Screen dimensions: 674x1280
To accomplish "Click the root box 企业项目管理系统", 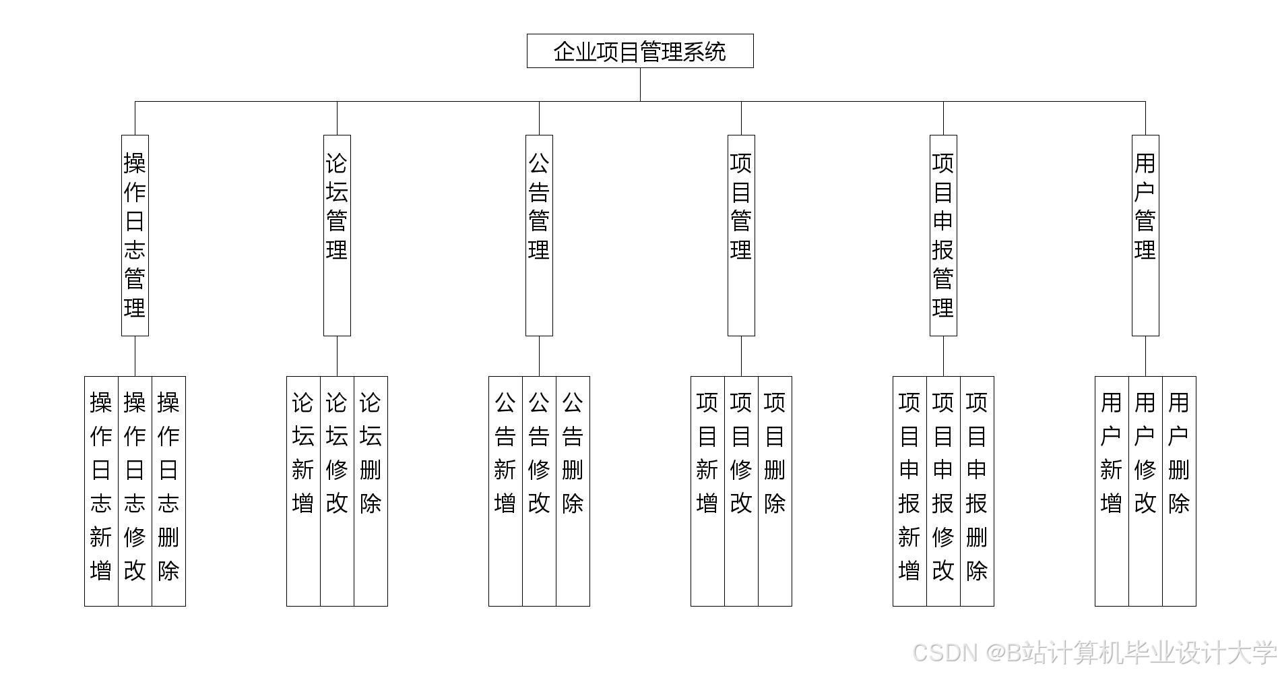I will point(640,51).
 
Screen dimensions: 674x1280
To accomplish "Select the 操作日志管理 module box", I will point(135,235).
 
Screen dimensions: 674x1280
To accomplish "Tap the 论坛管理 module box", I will point(337,235).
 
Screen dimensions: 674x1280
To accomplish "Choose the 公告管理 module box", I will point(539,235).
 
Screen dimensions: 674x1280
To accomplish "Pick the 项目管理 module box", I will point(741,235).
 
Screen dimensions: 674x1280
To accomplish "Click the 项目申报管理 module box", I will point(943,235).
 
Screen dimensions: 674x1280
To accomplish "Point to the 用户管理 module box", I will point(1145,235).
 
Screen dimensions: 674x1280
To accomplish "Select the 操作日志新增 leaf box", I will point(101,491).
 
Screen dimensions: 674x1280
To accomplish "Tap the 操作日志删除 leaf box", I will point(168,491).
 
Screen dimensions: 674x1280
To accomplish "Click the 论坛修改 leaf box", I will point(337,491).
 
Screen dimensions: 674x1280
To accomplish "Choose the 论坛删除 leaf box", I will point(371,491).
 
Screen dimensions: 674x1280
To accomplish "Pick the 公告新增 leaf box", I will point(505,491).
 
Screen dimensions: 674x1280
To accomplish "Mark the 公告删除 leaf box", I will point(573,491).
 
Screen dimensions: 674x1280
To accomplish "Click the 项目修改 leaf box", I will point(741,491).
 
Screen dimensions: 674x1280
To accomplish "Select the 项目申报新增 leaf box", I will point(909,491).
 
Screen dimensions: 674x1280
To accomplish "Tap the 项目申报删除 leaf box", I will point(977,491).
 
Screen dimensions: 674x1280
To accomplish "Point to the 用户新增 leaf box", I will point(1112,491).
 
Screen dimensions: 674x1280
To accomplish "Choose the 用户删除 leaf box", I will point(1179,491).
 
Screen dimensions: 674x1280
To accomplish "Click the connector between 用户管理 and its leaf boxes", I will point(1145,356).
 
